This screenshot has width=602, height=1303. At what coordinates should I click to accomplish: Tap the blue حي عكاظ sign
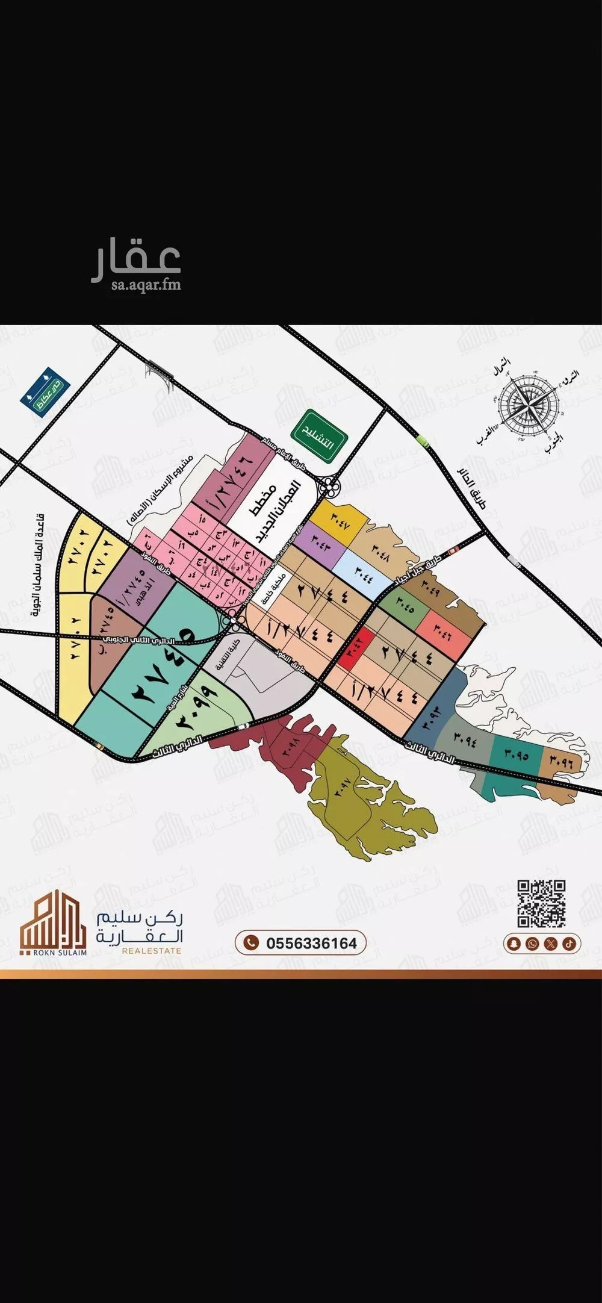[45, 390]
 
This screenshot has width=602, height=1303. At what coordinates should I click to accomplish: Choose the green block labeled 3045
[405, 608]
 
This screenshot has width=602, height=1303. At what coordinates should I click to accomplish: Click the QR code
[541, 903]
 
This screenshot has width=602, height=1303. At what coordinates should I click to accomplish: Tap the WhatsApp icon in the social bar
[532, 944]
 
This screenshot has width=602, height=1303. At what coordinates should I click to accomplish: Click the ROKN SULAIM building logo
[52, 922]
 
